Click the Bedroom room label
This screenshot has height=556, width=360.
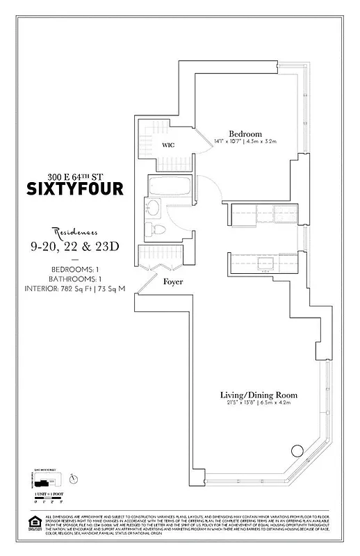pyautogui.click(x=245, y=133)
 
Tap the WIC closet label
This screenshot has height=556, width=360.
pyautogui.click(x=169, y=145)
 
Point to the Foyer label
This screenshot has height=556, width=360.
pyautogui.click(x=173, y=282)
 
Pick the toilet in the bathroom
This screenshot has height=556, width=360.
pyautogui.click(x=157, y=230)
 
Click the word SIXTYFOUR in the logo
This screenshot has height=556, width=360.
pyautogui.click(x=75, y=189)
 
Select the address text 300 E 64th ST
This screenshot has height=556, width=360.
pyautogui.click(x=74, y=175)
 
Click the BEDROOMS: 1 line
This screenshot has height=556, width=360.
pyautogui.click(x=75, y=268)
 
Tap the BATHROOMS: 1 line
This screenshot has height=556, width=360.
pyautogui.click(x=75, y=279)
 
